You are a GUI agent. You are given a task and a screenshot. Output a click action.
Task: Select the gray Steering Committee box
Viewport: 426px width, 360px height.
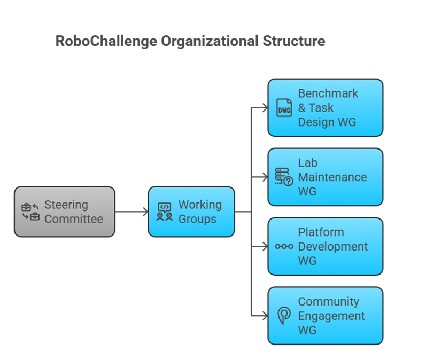tap(64, 212)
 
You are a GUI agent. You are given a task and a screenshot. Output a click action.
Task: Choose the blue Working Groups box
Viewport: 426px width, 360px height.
tap(191, 212)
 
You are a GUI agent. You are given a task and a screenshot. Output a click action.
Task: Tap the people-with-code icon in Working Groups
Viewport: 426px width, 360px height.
tap(164, 212)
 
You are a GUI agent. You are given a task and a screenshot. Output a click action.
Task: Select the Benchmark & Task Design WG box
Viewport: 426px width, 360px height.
tap(325, 108)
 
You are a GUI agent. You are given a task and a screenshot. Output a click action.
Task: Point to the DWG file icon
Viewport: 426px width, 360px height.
tap(284, 108)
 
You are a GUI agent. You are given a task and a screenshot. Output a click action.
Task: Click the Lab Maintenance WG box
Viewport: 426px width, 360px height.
tap(325, 177)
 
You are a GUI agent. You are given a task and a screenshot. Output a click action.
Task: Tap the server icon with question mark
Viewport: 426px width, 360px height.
tap(284, 177)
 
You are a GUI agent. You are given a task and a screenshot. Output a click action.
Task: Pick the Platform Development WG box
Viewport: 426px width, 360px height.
tap(325, 246)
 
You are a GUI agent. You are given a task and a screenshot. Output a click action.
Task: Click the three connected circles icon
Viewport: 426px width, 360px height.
tap(284, 246)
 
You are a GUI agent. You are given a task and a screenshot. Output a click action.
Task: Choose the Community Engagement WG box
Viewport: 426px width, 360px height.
tap(325, 316)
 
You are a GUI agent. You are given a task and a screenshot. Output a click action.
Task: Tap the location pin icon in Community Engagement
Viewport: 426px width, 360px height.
tap(284, 316)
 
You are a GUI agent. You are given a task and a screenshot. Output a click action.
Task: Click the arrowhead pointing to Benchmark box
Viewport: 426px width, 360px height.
tap(264, 108)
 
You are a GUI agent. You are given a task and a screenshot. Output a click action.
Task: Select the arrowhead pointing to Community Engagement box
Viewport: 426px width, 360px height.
tap(264, 316)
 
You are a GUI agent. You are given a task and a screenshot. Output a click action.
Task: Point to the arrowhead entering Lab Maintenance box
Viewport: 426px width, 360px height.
tap(264, 177)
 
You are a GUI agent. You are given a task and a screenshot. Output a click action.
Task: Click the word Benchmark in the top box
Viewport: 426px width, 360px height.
tap(328, 93)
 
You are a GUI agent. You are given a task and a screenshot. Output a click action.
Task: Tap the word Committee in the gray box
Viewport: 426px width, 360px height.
tap(74, 219)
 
